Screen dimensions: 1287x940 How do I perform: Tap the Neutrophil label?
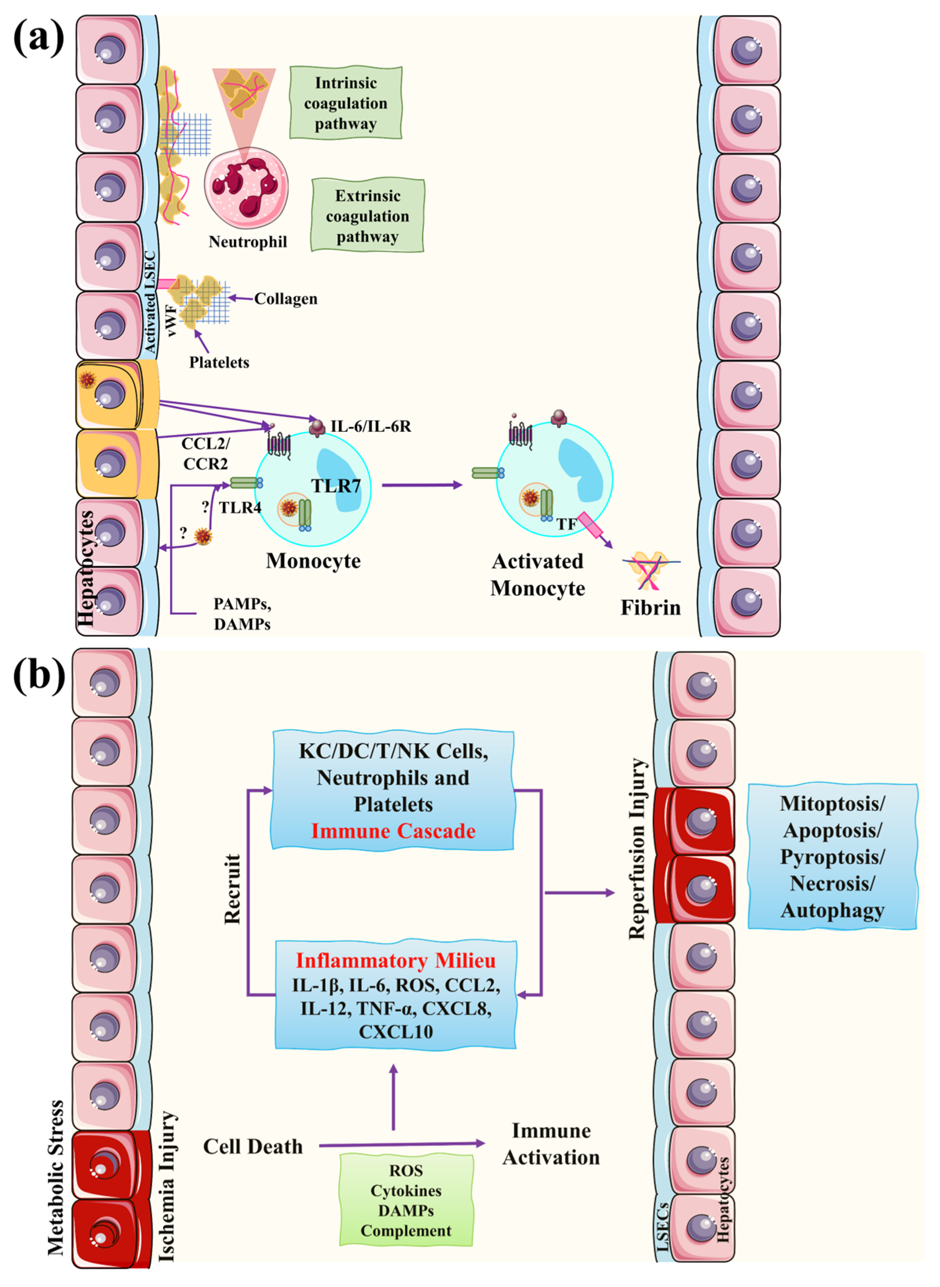coord(248,242)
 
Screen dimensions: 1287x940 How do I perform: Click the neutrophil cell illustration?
coord(246,188)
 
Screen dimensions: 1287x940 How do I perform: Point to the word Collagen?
coord(286,299)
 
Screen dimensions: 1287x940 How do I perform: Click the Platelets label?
coord(219,362)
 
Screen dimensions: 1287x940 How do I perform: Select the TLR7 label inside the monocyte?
coord(336,486)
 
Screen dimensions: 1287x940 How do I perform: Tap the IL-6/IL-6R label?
coord(370,426)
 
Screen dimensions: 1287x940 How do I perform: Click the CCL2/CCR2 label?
coord(206,453)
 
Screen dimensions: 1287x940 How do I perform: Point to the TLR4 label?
coord(240,508)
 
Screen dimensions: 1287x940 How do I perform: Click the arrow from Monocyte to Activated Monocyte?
coord(421,485)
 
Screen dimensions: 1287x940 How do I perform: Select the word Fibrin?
coord(650,608)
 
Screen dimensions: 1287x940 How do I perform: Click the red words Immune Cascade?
coord(393,831)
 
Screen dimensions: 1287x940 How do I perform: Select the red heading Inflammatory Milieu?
coord(395,960)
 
